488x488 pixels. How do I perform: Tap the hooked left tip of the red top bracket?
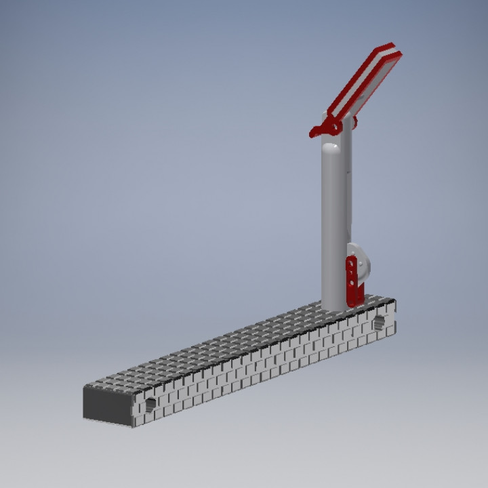314,134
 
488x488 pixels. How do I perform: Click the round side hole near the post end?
380,321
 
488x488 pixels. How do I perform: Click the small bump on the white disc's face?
361,264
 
